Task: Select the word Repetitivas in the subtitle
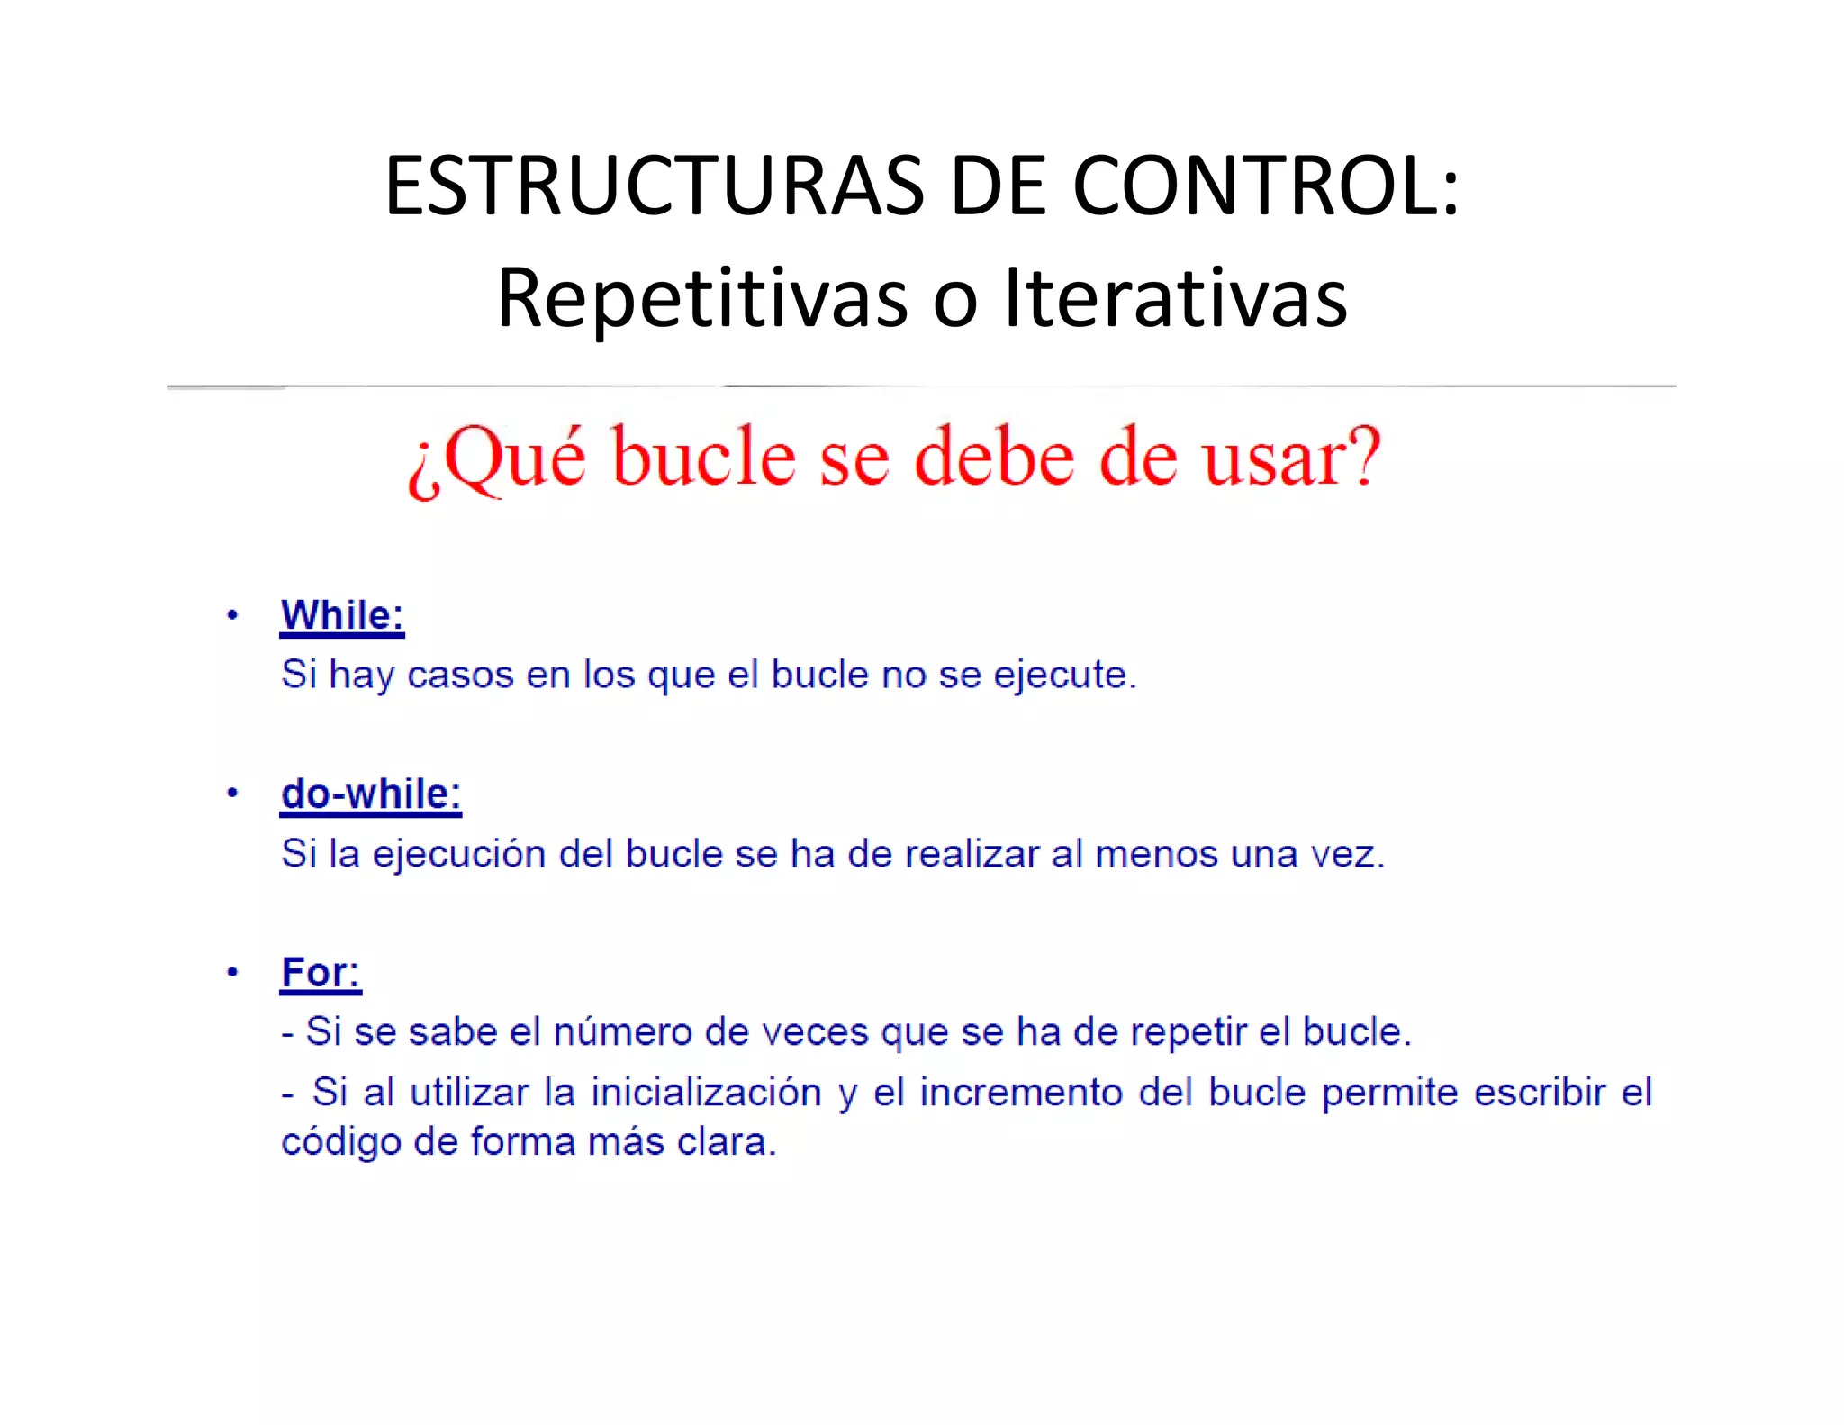coord(702,297)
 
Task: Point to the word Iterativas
coord(1176,297)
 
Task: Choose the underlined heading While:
coord(342,616)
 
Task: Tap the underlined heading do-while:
coord(371,794)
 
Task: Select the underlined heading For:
coord(321,973)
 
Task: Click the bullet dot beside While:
coord(232,616)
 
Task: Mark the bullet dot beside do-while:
coord(232,794)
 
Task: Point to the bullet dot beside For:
coord(232,972)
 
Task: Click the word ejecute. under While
coord(1065,676)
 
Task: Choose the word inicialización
coord(706,1093)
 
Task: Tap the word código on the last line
coord(341,1142)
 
